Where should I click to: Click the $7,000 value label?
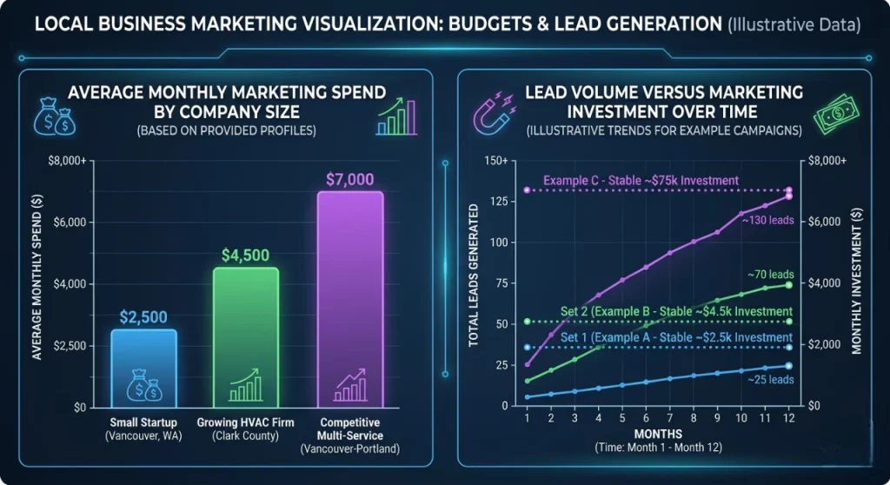pyautogui.click(x=349, y=180)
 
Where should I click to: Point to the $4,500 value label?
pyautogui.click(x=246, y=256)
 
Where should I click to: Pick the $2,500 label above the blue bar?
pyautogui.click(x=144, y=317)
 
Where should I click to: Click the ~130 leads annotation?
pyautogui.click(x=767, y=221)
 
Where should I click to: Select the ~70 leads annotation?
pyautogui.click(x=769, y=275)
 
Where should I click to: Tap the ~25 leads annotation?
pyautogui.click(x=769, y=380)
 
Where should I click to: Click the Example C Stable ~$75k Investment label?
pyautogui.click(x=641, y=181)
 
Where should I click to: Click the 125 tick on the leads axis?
pyautogui.click(x=498, y=202)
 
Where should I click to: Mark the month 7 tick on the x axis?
pyautogui.click(x=669, y=418)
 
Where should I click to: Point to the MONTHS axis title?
pyautogui.click(x=658, y=433)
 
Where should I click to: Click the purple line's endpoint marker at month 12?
pyautogui.click(x=788, y=196)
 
